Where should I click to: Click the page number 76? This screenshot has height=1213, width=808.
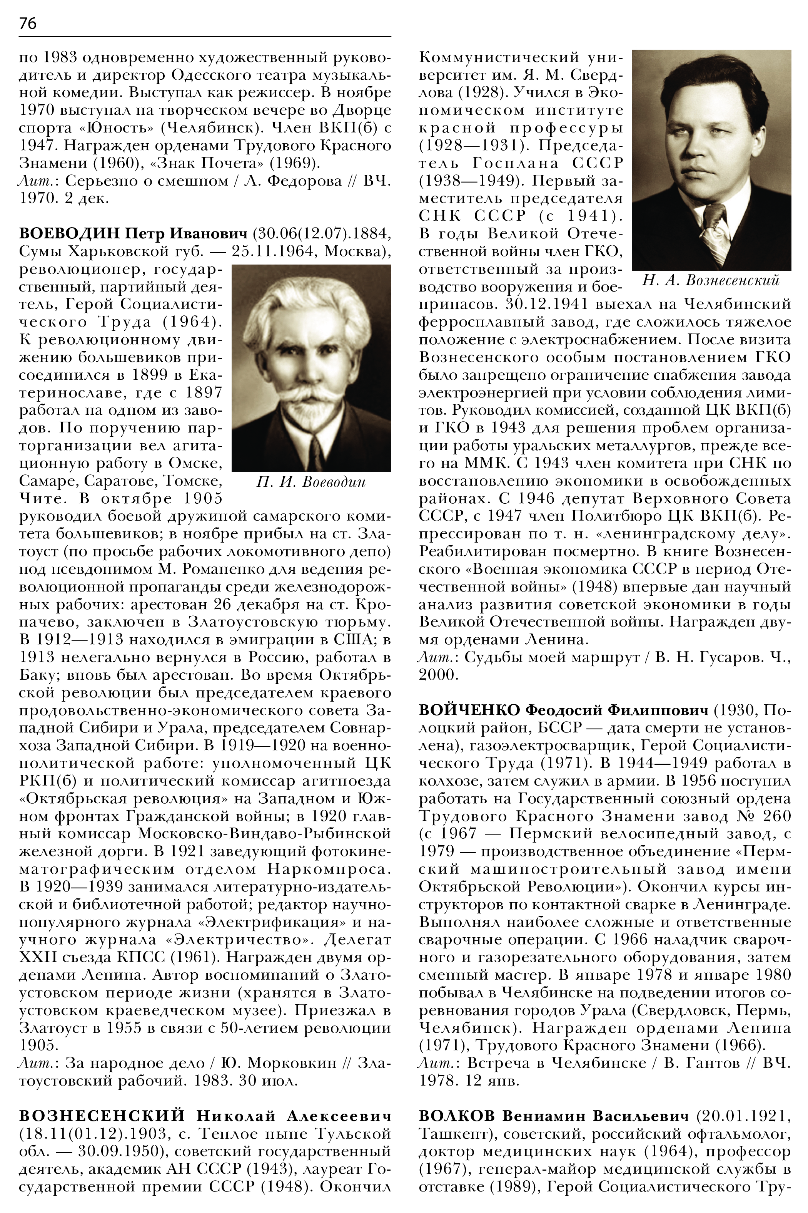pyautogui.click(x=28, y=24)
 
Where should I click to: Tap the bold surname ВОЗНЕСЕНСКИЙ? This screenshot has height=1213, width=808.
pyautogui.click(x=102, y=1117)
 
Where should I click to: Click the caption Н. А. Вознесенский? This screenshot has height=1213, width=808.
pyautogui.click(x=711, y=281)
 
